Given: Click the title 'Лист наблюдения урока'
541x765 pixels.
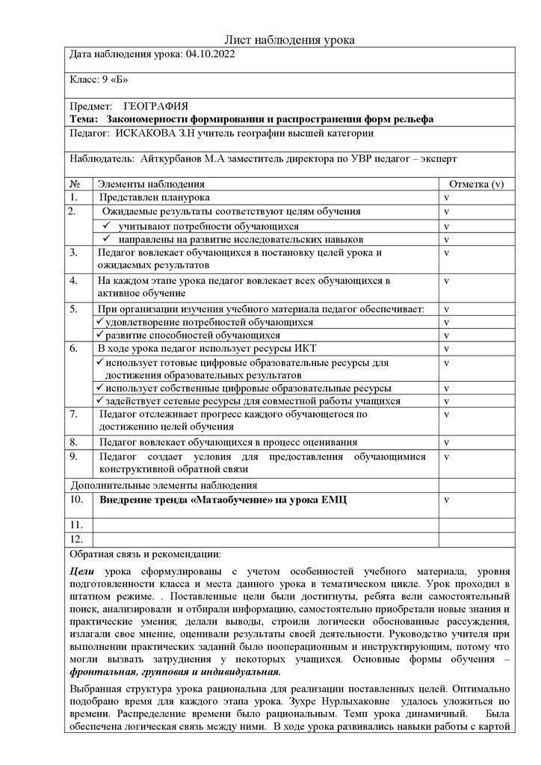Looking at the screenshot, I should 289,40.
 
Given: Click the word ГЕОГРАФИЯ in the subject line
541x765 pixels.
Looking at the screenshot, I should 155,107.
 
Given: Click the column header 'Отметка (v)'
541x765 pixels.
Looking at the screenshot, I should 476,184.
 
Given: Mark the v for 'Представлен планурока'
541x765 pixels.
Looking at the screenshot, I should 446,198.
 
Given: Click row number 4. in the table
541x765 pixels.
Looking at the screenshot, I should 74,281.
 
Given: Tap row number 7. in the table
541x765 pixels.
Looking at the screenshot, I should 74,414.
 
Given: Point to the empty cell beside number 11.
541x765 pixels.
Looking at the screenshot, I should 265,524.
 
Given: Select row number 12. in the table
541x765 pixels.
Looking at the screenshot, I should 75,539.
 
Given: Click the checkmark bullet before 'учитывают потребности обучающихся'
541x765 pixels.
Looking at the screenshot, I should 108,226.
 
